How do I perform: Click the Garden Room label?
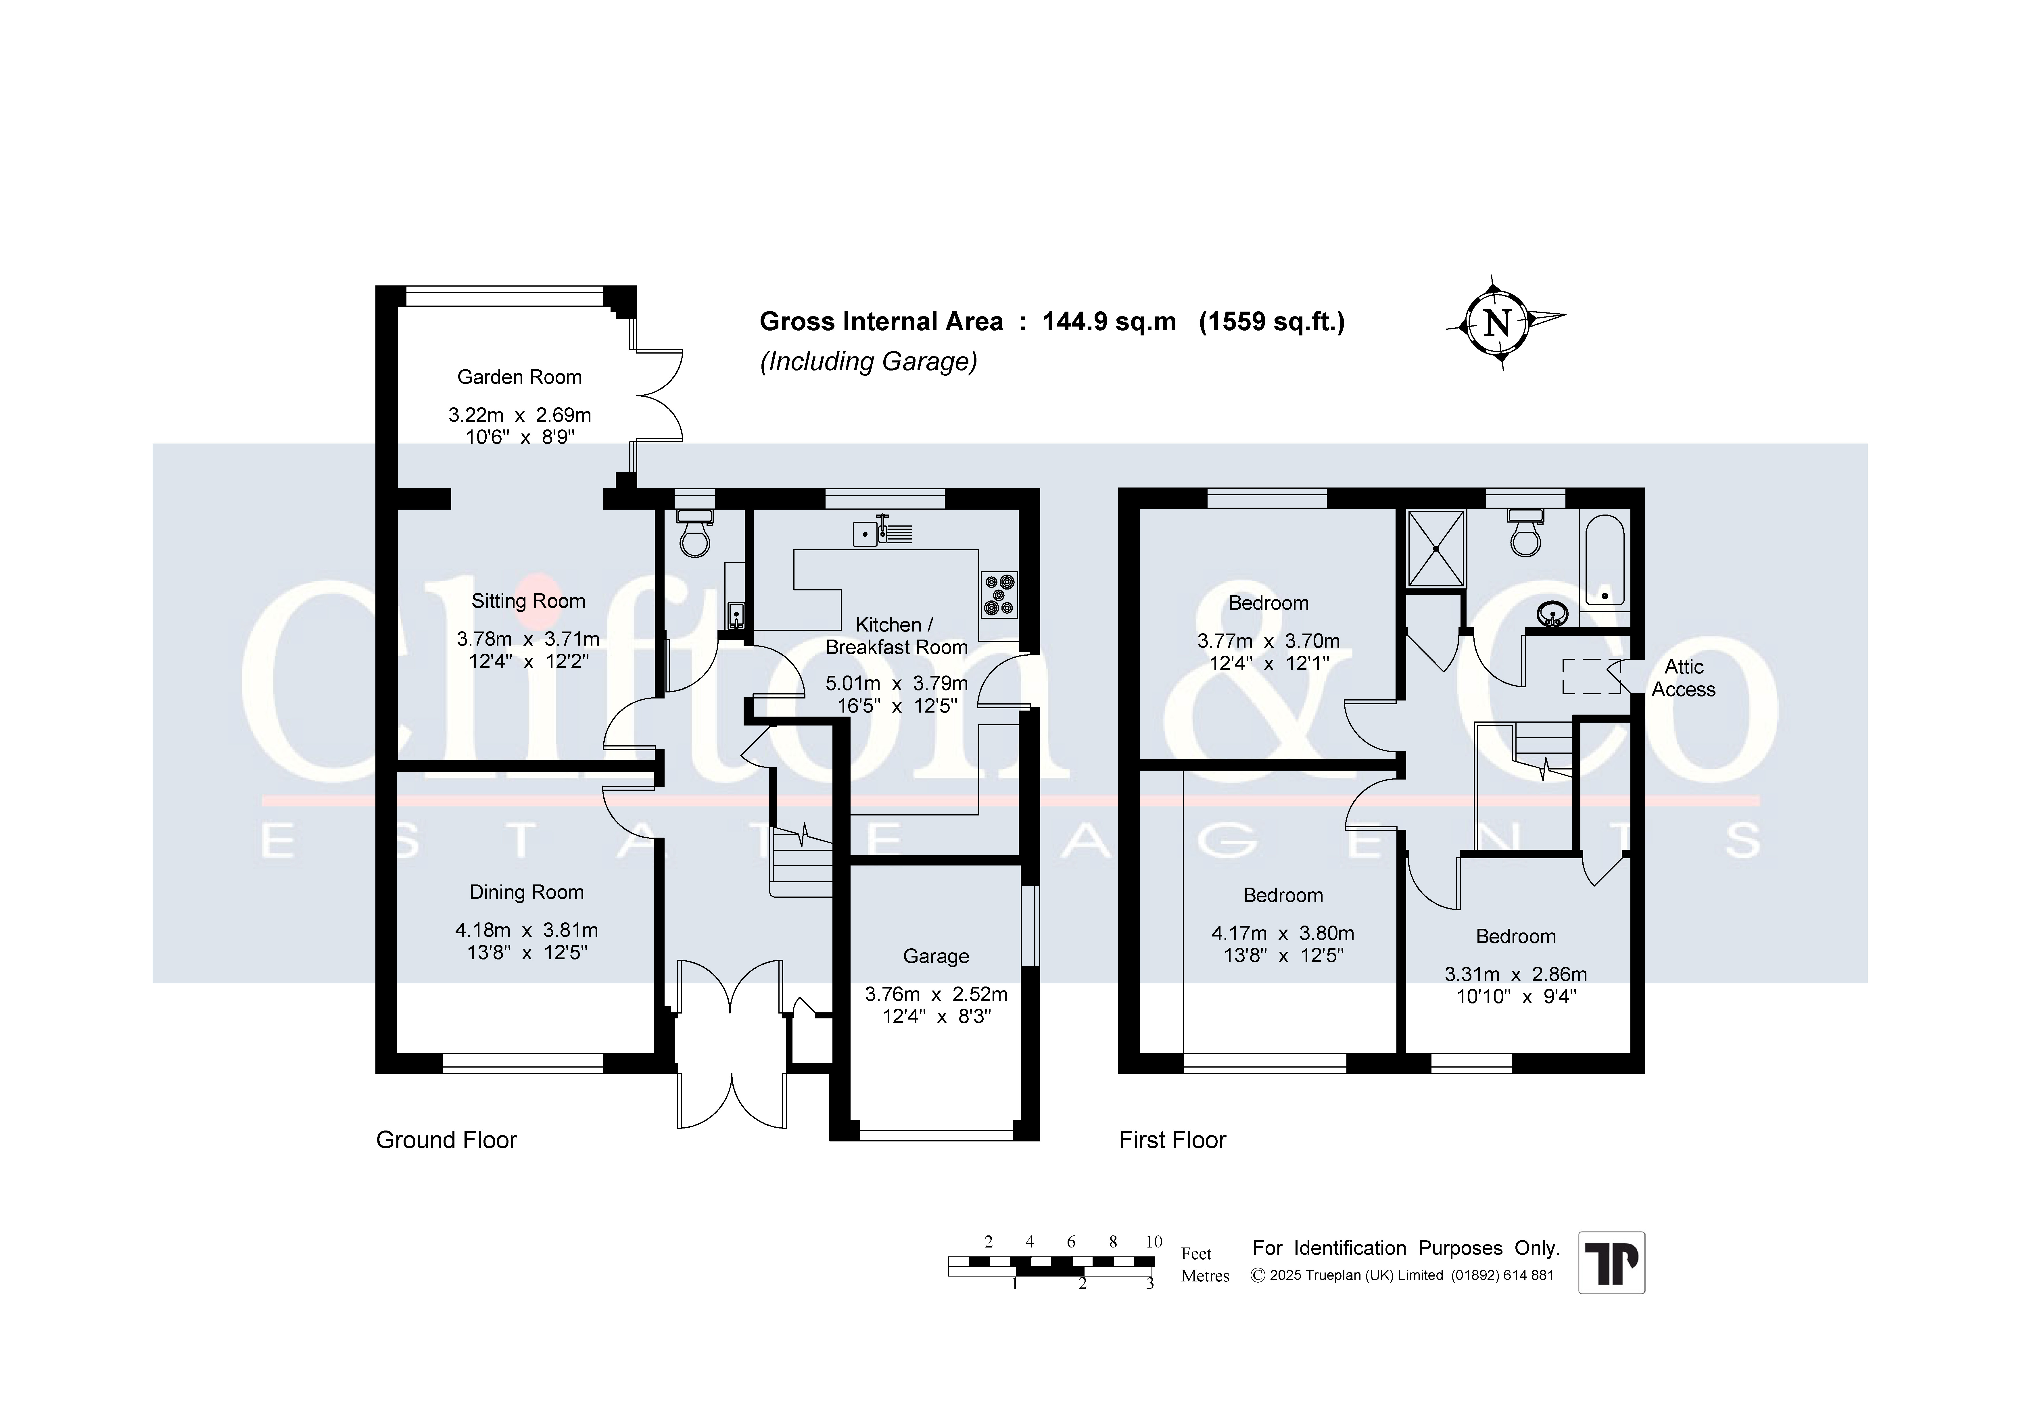click(519, 377)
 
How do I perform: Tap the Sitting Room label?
click(528, 601)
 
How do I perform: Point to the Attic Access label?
click(1683, 678)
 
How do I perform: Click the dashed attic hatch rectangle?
click(1591, 676)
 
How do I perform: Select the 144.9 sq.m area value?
click(1109, 322)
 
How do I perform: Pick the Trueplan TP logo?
click(1611, 1262)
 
